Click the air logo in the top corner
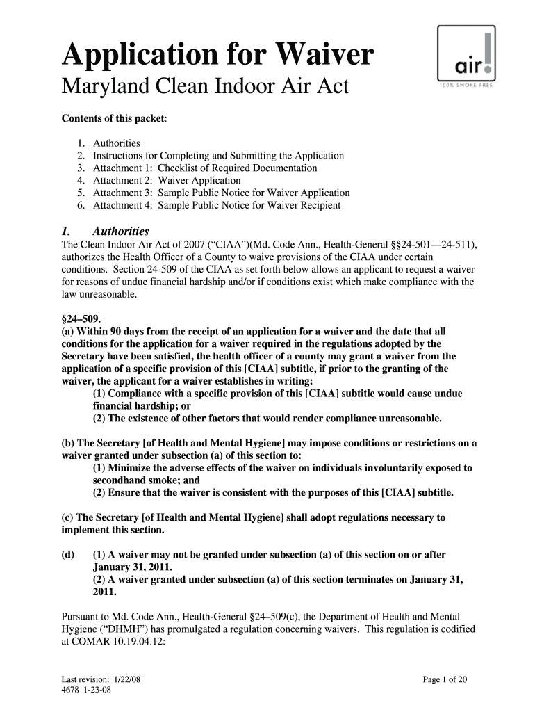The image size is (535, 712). point(466,56)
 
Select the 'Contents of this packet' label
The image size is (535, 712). point(115,118)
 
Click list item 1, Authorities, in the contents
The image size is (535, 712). point(117,143)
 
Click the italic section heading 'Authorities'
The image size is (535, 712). point(120,231)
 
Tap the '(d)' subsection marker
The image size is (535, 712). point(69,555)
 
